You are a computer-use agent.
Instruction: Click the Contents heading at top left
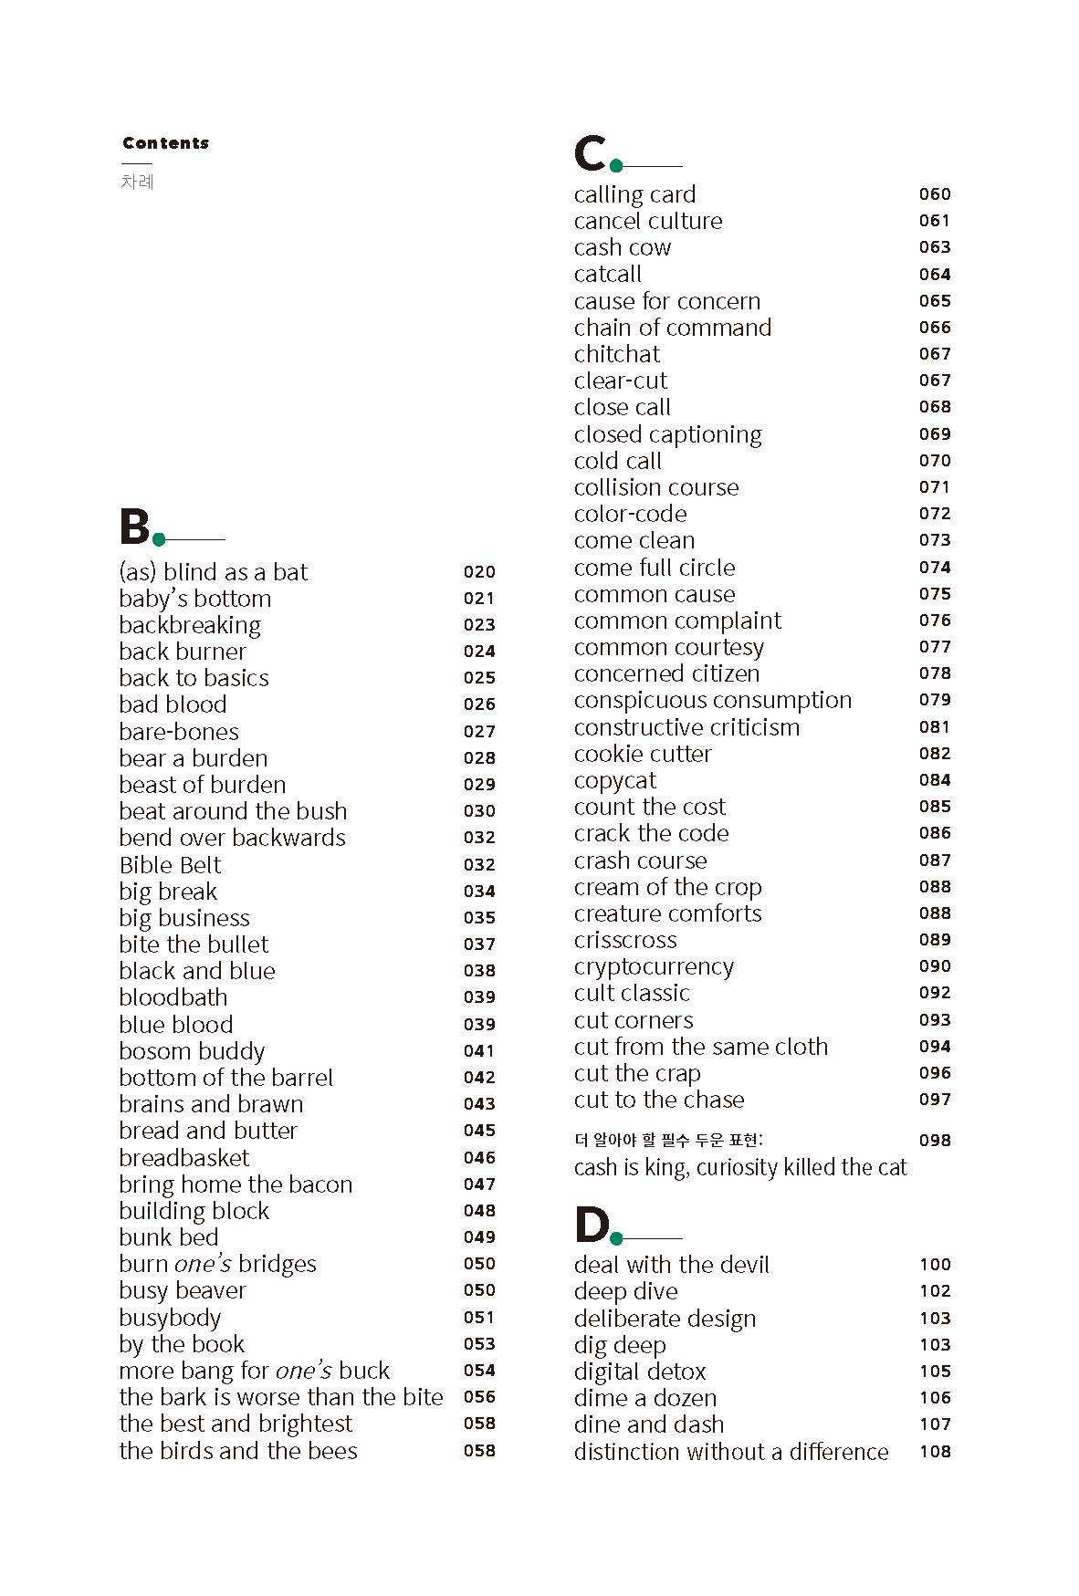click(x=165, y=143)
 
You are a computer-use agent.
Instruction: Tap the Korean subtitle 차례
click(x=137, y=182)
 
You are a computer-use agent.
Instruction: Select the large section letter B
click(x=134, y=527)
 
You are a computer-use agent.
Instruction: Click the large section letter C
click(x=590, y=153)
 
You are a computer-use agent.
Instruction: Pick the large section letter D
click(x=592, y=1225)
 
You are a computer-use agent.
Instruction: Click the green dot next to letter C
click(x=616, y=166)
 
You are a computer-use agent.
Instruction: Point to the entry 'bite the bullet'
click(x=194, y=944)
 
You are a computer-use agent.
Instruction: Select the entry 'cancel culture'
click(x=647, y=221)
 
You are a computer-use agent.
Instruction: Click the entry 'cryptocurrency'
click(x=654, y=967)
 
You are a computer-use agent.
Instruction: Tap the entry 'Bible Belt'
click(x=170, y=865)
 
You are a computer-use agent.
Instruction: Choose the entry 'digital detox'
click(x=640, y=1372)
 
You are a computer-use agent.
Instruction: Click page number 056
click(x=479, y=1397)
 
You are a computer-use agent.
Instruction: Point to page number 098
click(x=935, y=1141)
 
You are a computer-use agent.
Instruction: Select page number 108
click(x=935, y=1452)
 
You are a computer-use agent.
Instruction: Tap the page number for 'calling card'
click(x=935, y=194)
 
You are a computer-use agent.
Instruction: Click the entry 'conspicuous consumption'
click(x=712, y=701)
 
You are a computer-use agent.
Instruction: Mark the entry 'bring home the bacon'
click(x=236, y=1184)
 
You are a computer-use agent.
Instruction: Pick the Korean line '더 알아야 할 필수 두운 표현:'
click(x=668, y=1141)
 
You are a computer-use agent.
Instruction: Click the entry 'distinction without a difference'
click(x=730, y=1452)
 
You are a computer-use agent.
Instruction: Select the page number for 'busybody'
click(x=479, y=1318)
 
